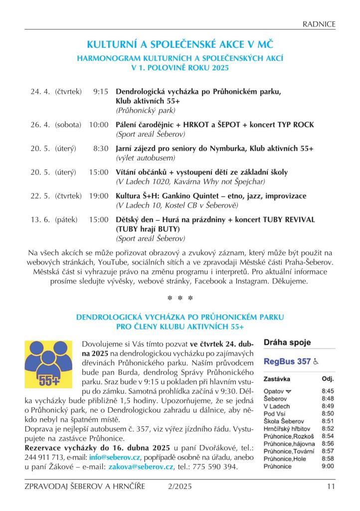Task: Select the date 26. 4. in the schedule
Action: (x=40, y=125)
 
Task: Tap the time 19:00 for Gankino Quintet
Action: (x=99, y=196)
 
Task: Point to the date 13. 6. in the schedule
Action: (x=40, y=220)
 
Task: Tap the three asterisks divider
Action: (x=180, y=298)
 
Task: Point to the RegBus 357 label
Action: (x=287, y=361)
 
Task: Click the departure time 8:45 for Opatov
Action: (x=328, y=391)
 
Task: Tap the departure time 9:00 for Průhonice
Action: (x=328, y=466)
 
